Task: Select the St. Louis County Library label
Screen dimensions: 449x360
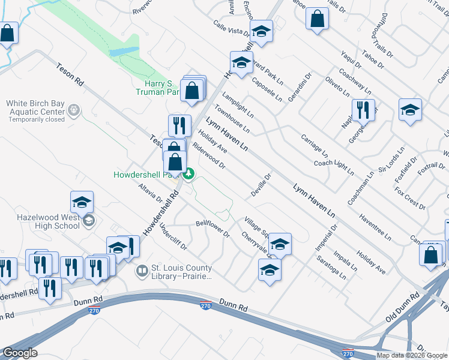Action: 181,272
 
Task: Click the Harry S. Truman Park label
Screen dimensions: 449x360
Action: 157,88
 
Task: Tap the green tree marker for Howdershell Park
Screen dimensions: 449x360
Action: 189,174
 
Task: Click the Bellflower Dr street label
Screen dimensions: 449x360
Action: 212,227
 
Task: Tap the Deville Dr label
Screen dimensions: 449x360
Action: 262,185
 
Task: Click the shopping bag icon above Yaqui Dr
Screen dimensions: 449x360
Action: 317,19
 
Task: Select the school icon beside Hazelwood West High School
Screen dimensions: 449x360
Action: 82,203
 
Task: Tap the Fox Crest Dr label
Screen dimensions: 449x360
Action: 410,199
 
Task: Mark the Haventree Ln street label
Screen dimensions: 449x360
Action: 373,223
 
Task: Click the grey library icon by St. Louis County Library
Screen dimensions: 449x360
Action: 142,271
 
